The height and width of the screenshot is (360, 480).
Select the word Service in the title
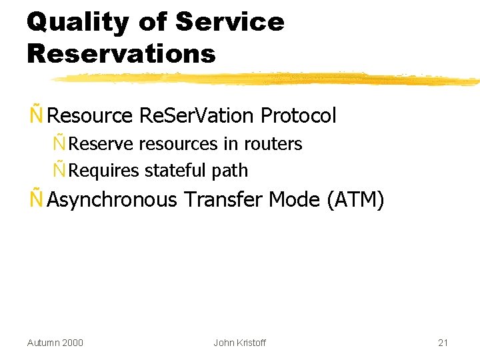point(230,22)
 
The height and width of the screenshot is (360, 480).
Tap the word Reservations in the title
point(121,53)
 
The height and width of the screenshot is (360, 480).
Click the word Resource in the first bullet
point(91,116)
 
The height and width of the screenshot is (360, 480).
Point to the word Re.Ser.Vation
point(197,116)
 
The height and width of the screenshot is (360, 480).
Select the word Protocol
point(299,116)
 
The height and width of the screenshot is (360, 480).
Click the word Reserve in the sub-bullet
point(101,144)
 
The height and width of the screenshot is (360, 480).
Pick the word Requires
point(104,171)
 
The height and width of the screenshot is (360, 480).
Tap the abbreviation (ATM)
point(355,199)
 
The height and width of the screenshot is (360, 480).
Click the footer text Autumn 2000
point(55,343)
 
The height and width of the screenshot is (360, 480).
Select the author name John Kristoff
point(239,343)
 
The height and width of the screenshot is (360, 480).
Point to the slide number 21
point(443,343)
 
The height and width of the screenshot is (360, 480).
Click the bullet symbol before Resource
point(37,115)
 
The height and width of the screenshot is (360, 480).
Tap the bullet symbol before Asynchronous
point(37,199)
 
